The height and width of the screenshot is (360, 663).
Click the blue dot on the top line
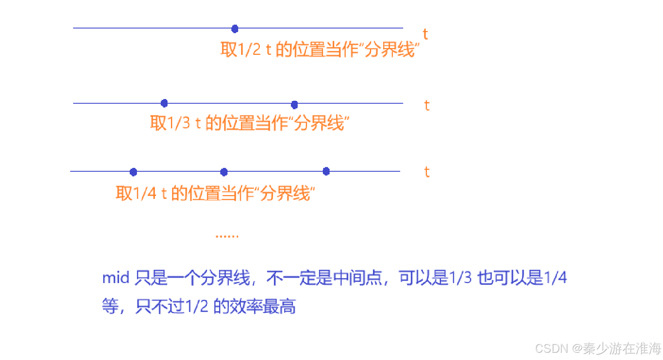point(235,29)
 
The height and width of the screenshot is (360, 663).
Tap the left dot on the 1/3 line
point(164,103)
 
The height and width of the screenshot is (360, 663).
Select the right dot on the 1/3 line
point(294,105)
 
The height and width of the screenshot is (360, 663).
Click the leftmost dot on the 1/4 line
point(133,172)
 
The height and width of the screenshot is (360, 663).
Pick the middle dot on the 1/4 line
point(224,172)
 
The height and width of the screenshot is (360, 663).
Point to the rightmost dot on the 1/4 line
point(326,171)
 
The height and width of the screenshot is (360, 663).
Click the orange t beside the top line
point(425,34)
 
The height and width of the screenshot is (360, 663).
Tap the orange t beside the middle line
point(427,105)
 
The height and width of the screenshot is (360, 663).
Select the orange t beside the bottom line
point(427,172)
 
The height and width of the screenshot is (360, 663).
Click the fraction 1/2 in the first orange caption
point(250,50)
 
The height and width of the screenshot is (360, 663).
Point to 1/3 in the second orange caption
point(179,123)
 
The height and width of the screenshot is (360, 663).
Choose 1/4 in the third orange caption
point(145,194)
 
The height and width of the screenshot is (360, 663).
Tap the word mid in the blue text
point(116,278)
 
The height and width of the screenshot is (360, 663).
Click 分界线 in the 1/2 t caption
point(390,50)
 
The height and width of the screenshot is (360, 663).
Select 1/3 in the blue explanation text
point(461,278)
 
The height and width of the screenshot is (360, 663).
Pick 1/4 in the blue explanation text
point(555,278)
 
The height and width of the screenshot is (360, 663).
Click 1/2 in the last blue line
point(197,306)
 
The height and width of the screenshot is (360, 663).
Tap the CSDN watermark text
point(551,349)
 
